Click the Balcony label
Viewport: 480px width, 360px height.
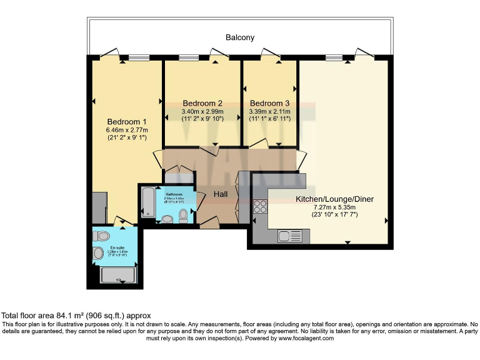240,37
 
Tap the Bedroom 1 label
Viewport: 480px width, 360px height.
127,121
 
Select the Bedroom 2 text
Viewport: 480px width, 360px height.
202,103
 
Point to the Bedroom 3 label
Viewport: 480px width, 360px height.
269,103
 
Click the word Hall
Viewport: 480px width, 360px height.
221,194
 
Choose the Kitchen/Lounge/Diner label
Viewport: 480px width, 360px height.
334,199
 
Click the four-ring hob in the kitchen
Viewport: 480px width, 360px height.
260,206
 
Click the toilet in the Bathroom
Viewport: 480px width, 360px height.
183,216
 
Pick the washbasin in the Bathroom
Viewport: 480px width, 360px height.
167,219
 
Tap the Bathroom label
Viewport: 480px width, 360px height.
174,194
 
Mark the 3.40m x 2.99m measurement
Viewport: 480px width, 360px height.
202,112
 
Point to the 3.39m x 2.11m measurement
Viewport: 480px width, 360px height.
269,112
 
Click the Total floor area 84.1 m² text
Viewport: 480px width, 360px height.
76,316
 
